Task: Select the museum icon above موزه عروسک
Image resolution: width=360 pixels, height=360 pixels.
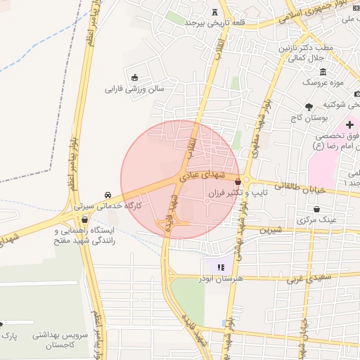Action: (x=323, y=72)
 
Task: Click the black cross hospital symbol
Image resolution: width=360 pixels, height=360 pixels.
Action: (x=349, y=124)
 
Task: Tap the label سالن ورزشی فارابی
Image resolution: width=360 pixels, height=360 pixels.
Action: (x=134, y=89)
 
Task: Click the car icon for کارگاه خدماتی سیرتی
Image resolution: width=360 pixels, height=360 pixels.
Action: (x=107, y=194)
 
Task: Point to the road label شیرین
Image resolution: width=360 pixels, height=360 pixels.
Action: (x=269, y=229)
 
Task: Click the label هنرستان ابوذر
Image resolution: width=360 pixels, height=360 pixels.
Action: (x=220, y=278)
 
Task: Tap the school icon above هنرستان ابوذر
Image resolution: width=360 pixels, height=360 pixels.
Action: (x=220, y=267)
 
